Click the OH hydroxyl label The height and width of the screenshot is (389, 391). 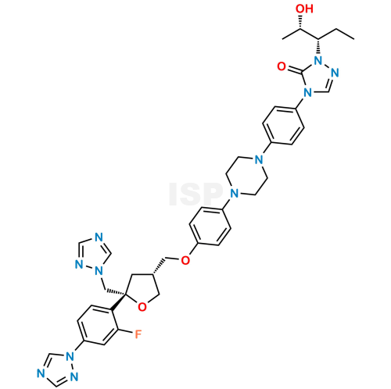coord(304,9)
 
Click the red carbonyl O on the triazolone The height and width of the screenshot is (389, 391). coord(282,66)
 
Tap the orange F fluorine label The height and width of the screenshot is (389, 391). coord(138,334)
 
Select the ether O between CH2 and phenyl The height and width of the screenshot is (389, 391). coord(185,260)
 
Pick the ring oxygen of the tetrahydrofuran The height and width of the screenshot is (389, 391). coord(142,307)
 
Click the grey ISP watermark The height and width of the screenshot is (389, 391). coord(196,194)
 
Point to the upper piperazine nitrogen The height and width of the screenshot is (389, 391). coord(259,159)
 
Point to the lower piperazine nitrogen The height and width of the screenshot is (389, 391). coord(235,194)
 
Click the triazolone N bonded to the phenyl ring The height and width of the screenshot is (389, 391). coord(307,92)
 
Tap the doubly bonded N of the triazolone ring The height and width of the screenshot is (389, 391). coord(335,73)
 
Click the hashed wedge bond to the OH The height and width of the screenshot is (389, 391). coord(300,22)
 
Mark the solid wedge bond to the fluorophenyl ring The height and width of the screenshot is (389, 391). coord(118,302)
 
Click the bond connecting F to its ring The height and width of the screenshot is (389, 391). coord(126,331)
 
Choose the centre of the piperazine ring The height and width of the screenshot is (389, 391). coord(246,177)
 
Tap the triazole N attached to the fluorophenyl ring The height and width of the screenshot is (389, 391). coord(70,356)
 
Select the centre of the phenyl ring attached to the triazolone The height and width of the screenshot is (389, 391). coord(283,126)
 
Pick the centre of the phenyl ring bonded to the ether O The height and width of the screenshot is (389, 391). coord(210,227)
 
